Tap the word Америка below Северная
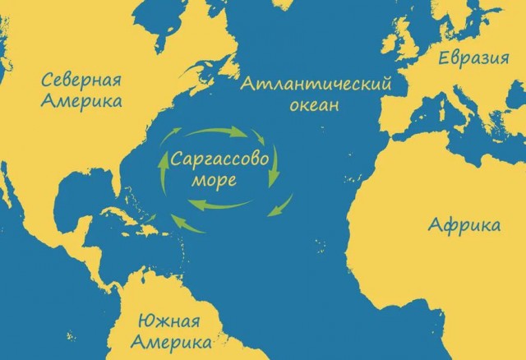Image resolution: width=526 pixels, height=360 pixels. coord(81,102)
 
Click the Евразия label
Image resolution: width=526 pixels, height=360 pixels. coord(472,58)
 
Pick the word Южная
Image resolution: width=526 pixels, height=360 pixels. coord(173,318)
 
